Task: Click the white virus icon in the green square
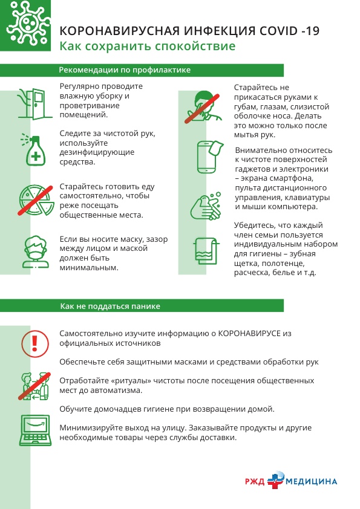click(x=28, y=24)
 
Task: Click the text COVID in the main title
click(x=278, y=31)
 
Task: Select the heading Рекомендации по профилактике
click(x=125, y=70)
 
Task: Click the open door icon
click(x=34, y=104)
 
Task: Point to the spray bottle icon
click(x=34, y=150)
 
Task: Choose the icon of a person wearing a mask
click(x=36, y=252)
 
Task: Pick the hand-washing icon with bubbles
click(x=206, y=207)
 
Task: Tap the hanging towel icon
click(x=206, y=251)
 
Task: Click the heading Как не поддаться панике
click(x=110, y=306)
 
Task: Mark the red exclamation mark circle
click(x=35, y=343)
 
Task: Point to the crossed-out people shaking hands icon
click(x=34, y=386)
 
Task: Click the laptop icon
click(x=35, y=430)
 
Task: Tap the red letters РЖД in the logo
click(x=255, y=481)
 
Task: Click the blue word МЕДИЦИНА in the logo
click(x=311, y=481)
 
